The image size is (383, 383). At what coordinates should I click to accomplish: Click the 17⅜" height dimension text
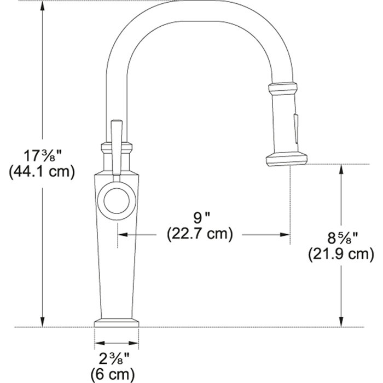[41, 155]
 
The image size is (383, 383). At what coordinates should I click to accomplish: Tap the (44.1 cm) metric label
[41, 171]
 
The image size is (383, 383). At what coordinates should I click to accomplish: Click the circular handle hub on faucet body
[115, 201]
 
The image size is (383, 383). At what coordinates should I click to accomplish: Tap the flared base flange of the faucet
[116, 322]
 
